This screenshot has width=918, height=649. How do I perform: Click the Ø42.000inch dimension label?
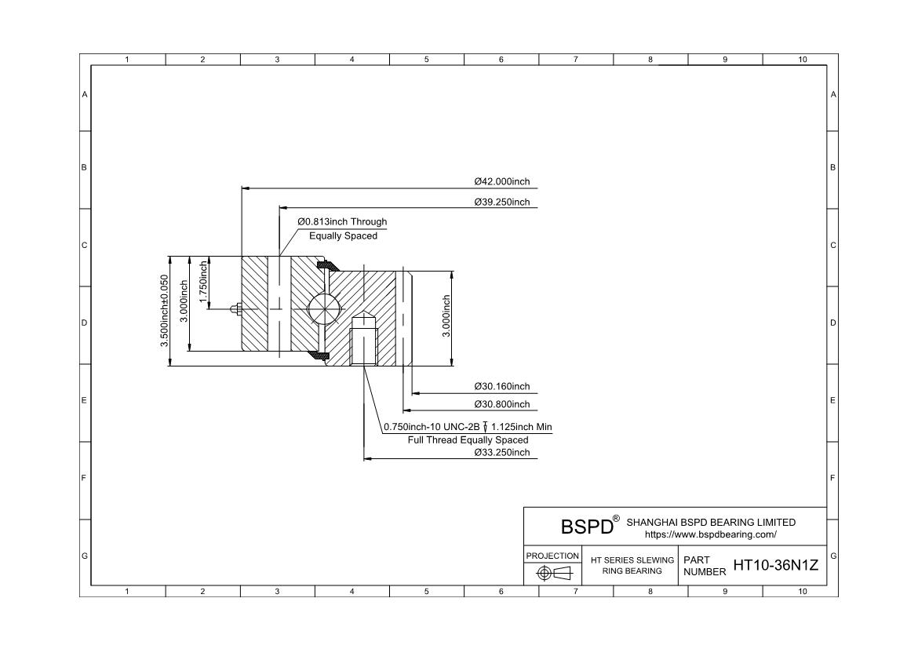[501, 181]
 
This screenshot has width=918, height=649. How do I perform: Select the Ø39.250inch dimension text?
[501, 202]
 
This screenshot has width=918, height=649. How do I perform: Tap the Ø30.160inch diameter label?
[501, 386]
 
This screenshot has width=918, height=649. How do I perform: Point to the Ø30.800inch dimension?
[501, 404]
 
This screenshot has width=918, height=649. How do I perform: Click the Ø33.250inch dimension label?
[501, 452]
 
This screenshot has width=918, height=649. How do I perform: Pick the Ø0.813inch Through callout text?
[342, 222]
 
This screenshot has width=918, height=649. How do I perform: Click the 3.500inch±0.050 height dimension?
[164, 311]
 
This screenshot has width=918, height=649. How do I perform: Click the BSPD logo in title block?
[587, 526]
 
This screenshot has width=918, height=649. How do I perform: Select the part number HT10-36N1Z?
[775, 565]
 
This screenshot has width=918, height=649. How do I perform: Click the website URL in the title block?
[710, 534]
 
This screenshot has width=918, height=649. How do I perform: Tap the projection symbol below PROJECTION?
[552, 574]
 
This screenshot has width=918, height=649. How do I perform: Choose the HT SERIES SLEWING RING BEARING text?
[632, 565]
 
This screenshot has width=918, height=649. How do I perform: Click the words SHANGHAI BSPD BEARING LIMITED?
[711, 522]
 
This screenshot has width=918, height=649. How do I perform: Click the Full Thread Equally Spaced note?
[468, 440]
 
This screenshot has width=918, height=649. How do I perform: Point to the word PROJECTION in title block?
[552, 556]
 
